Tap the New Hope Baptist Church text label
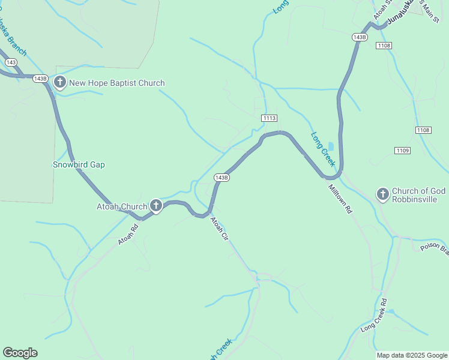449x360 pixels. [116, 83]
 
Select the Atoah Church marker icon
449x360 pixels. [155, 206]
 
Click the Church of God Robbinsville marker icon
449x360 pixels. [382, 193]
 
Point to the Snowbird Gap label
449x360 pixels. [79, 164]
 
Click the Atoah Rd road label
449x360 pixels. [128, 234]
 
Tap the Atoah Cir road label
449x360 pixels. [219, 229]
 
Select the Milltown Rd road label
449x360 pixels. [340, 199]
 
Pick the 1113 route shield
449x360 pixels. [269, 119]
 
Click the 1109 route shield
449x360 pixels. [402, 150]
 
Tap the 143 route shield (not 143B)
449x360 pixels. [10, 62]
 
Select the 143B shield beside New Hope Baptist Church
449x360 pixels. [40, 79]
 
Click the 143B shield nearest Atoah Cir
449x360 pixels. [221, 178]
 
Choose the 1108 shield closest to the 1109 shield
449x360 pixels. [423, 130]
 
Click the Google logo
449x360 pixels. [20, 353]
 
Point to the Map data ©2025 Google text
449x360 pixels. [411, 355]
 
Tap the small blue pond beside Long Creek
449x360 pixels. [331, 146]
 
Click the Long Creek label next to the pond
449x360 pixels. [322, 149]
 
